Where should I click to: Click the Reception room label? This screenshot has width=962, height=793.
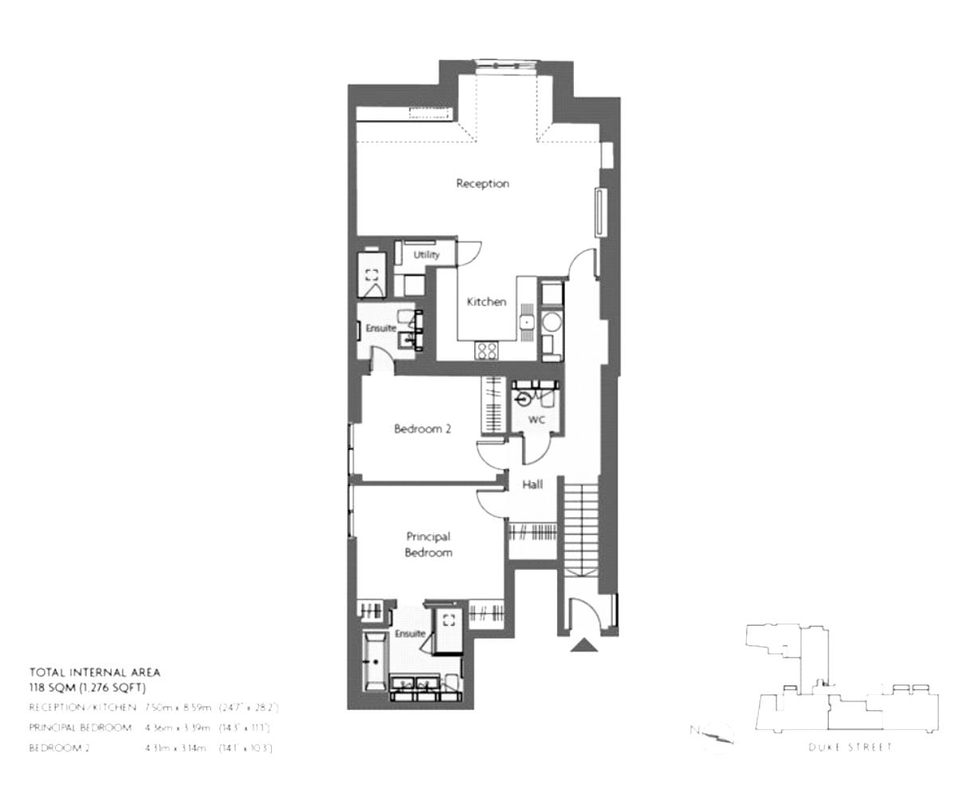[x=482, y=183]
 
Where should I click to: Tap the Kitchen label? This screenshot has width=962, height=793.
[x=486, y=302]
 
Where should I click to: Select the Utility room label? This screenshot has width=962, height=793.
[x=426, y=255]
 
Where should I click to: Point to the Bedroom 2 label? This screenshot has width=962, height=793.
[x=422, y=429]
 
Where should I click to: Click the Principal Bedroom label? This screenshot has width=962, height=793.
[x=428, y=544]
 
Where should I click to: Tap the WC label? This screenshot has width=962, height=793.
[x=536, y=419]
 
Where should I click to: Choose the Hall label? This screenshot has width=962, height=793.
[x=532, y=484]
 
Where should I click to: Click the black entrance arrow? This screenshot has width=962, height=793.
[x=584, y=646]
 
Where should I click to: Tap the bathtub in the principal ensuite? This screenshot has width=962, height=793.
[x=373, y=661]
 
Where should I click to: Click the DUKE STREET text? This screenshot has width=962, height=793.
[x=850, y=747]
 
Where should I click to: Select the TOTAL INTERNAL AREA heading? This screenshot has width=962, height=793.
[x=95, y=673]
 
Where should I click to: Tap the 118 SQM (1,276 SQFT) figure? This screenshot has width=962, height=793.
[x=88, y=687]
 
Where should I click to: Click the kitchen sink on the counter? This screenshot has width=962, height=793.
[x=527, y=321]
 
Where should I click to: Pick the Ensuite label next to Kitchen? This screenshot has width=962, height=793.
[x=381, y=328]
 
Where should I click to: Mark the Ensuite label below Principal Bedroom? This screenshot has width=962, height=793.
[x=410, y=634]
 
